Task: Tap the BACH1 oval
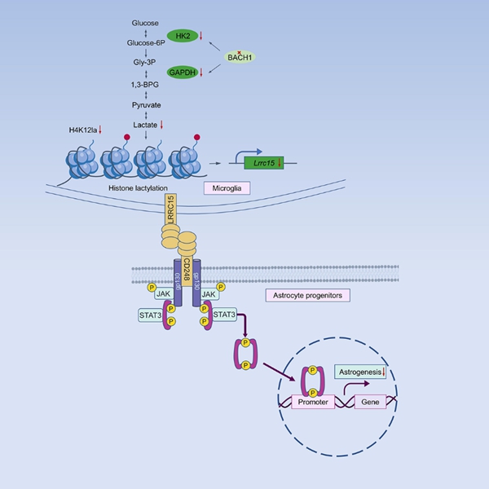click(240, 57)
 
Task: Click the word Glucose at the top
click(145, 23)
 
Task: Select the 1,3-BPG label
click(145, 85)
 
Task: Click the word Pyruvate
click(145, 105)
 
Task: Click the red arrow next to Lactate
click(161, 124)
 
